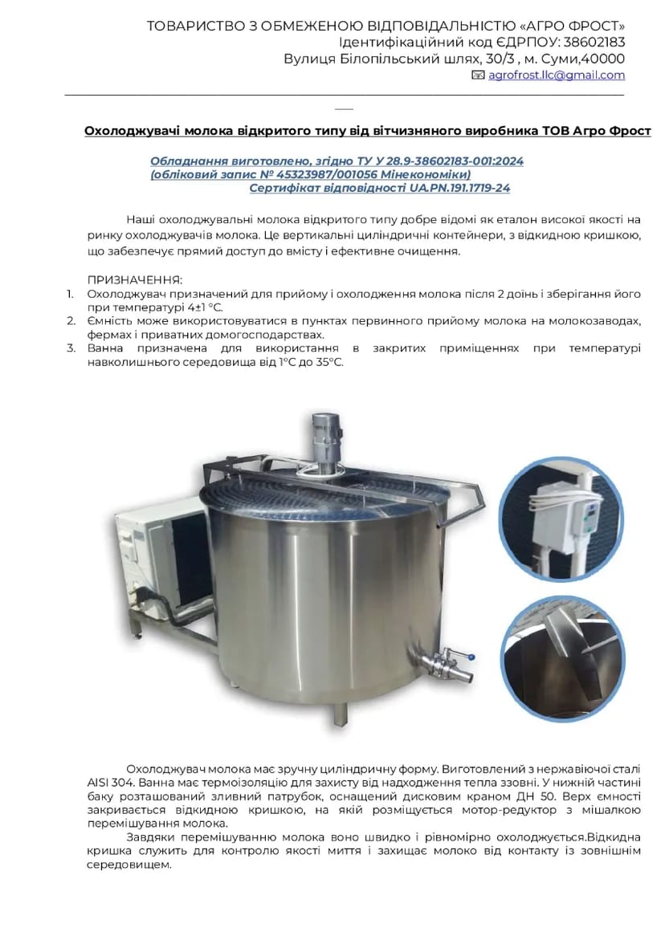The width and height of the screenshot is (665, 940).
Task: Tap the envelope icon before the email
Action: [x=478, y=75]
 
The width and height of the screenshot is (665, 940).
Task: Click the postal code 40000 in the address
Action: [x=603, y=59]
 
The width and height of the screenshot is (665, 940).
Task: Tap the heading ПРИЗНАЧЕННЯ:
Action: [x=135, y=280]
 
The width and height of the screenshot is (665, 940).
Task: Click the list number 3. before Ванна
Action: [x=71, y=348]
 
